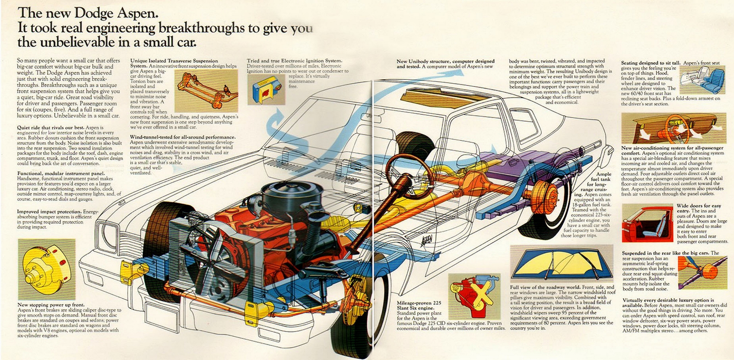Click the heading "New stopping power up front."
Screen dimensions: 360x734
click(x=51, y=305)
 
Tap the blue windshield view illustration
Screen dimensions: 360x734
click(x=562, y=264)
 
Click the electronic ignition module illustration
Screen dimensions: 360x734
click(x=266, y=89)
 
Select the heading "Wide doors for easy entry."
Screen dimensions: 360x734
click(x=699, y=208)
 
